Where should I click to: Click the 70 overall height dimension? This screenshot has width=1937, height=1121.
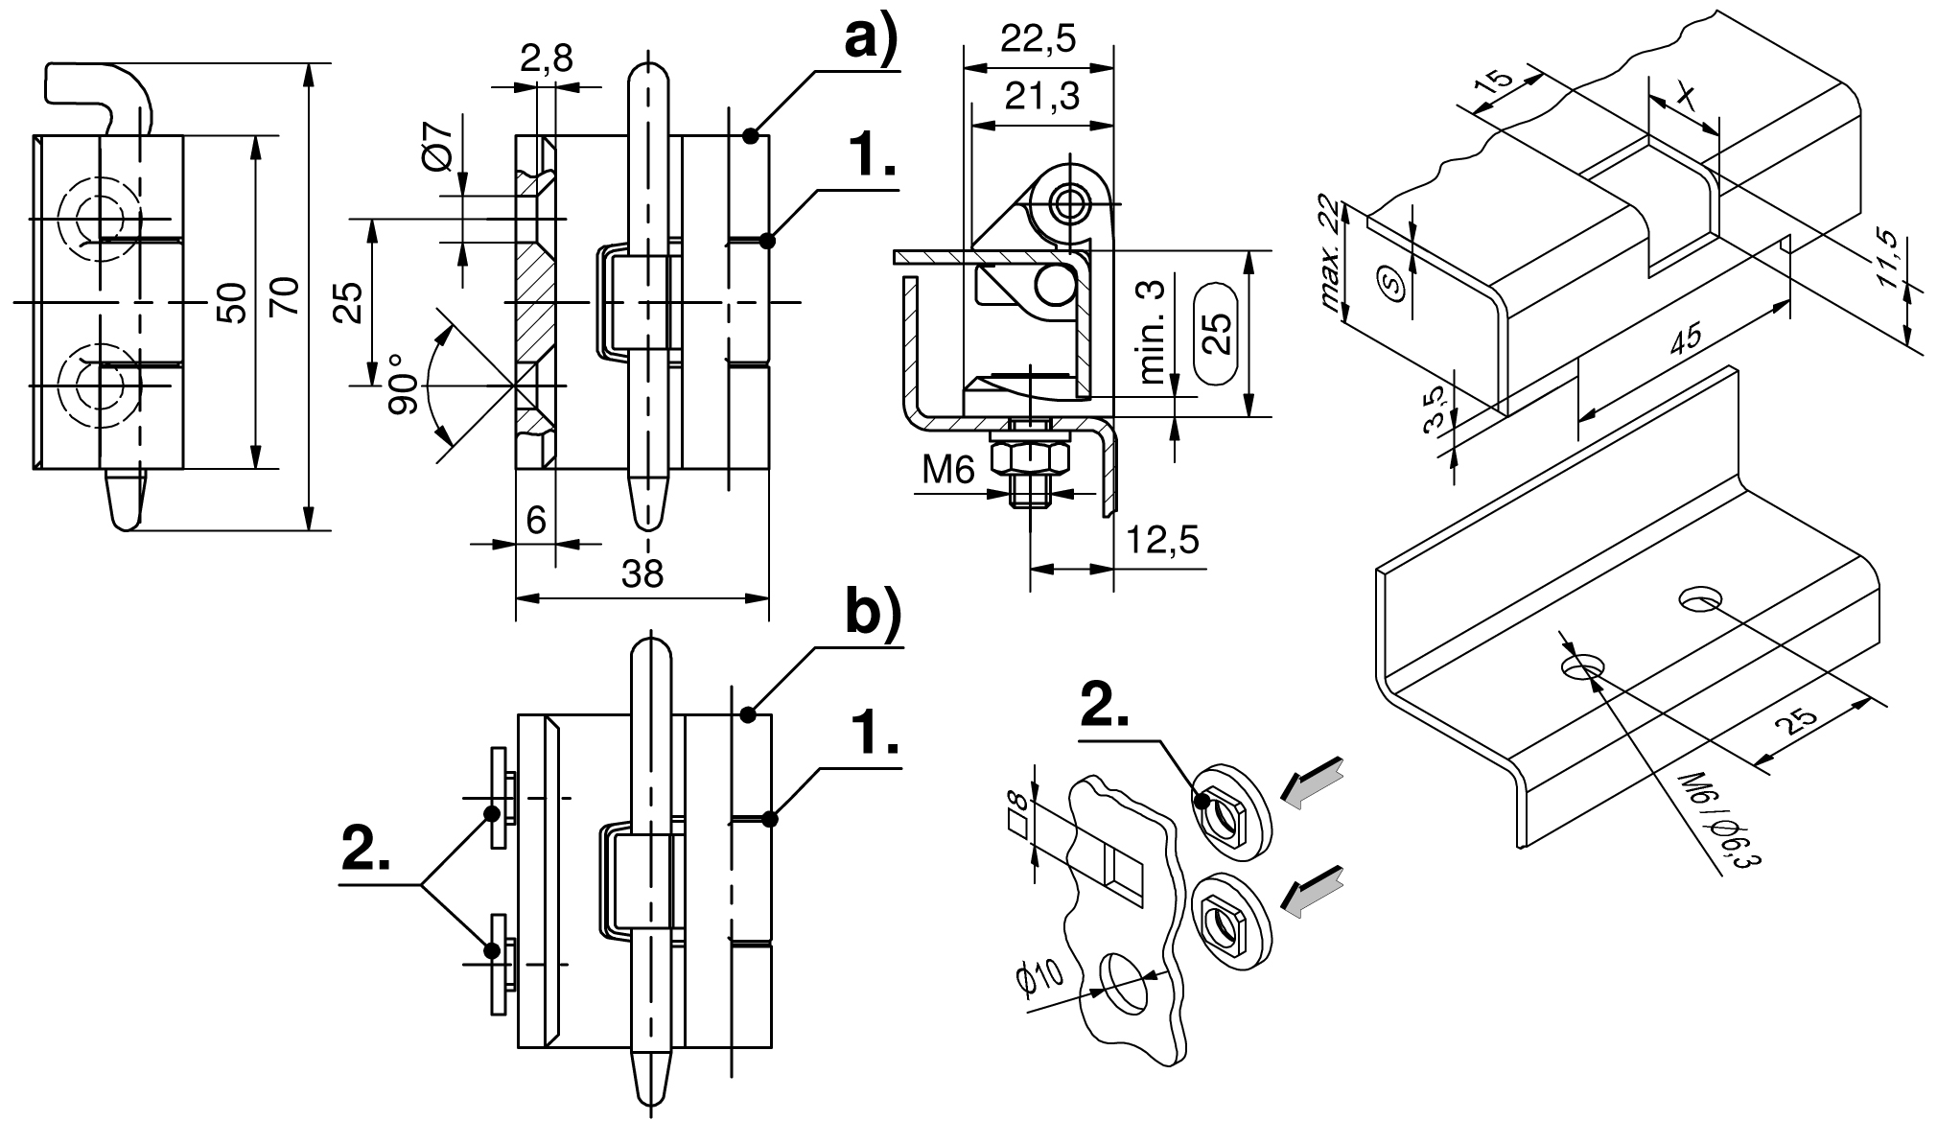pyautogui.click(x=288, y=296)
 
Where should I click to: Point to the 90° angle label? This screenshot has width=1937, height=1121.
pyautogui.click(x=404, y=385)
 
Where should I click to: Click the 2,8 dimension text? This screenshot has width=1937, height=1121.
pyautogui.click(x=547, y=59)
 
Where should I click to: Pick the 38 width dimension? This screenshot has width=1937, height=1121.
pyautogui.click(x=642, y=573)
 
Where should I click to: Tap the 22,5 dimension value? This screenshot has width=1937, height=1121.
pyautogui.click(x=1038, y=39)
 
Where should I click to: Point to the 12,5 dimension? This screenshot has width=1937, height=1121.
pyautogui.click(x=1162, y=540)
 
